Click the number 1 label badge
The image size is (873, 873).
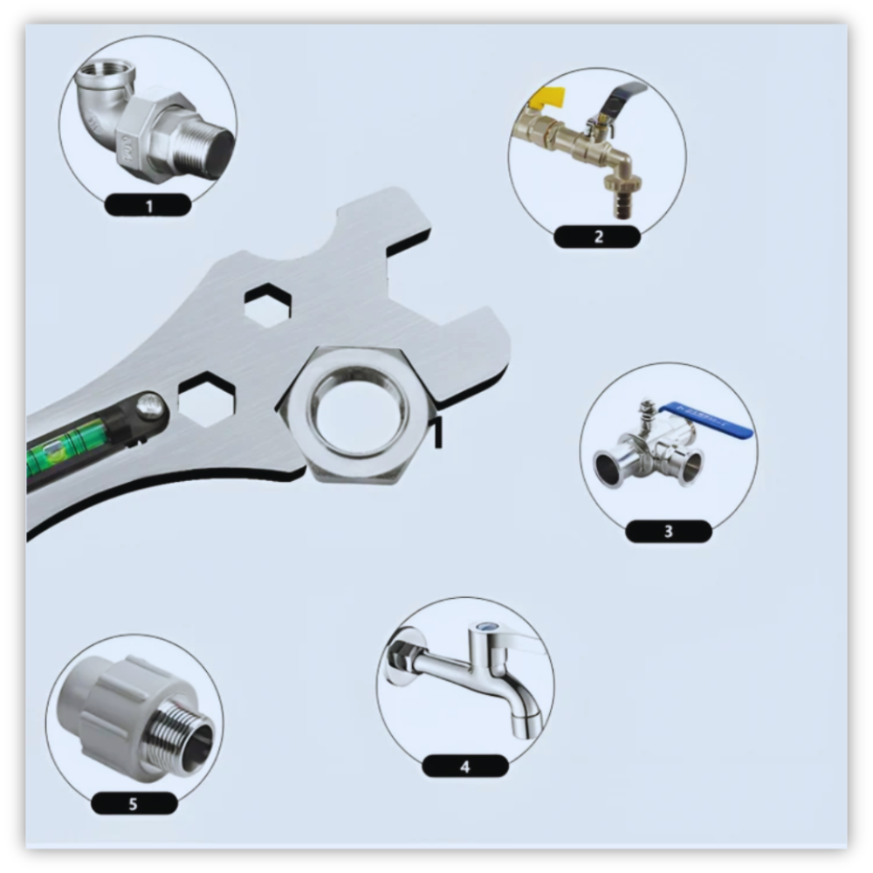pyautogui.click(x=148, y=205)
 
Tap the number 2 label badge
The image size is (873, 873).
pyautogui.click(x=597, y=237)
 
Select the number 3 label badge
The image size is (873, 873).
pyautogui.click(x=669, y=531)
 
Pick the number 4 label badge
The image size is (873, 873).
pyautogui.click(x=465, y=766)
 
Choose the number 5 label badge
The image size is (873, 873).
pyautogui.click(x=134, y=803)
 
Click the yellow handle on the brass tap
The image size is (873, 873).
pyautogui.click(x=547, y=100)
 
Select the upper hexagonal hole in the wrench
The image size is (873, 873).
pyautogui.click(x=268, y=305)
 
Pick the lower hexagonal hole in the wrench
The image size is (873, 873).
pyautogui.click(x=207, y=399)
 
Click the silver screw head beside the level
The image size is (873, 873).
pyautogui.click(x=151, y=406)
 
